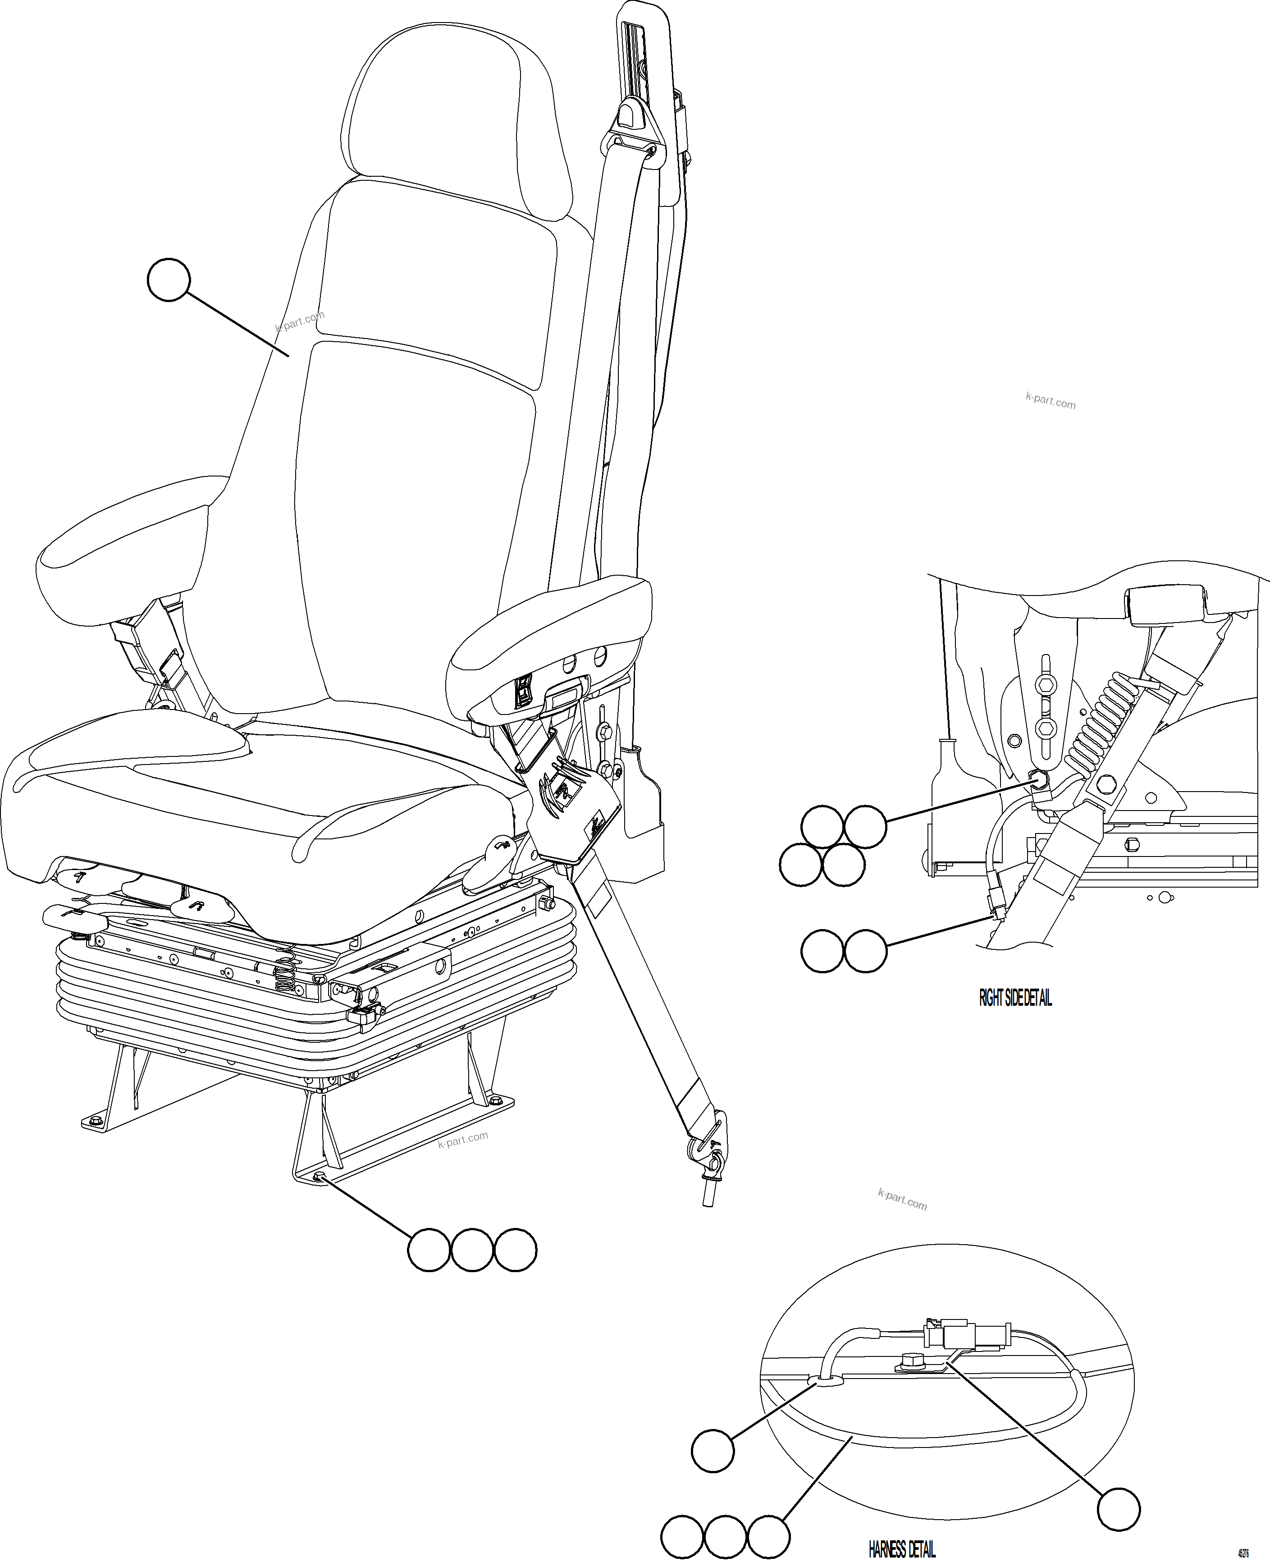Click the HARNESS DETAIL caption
pos(901,1549)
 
